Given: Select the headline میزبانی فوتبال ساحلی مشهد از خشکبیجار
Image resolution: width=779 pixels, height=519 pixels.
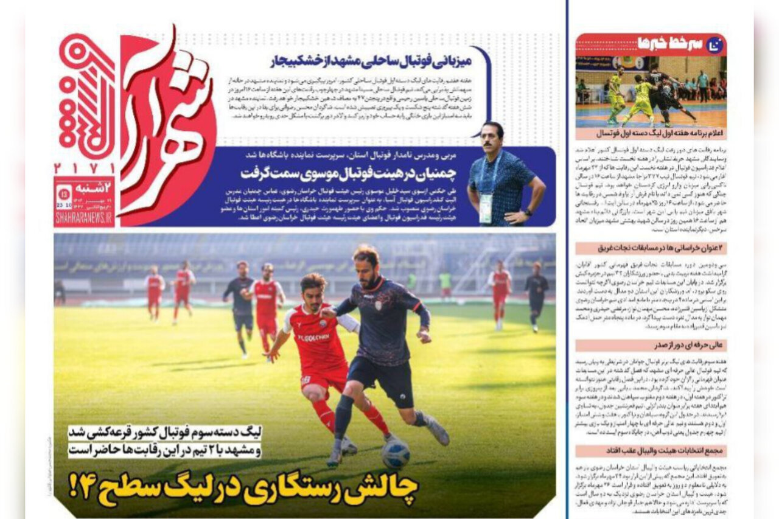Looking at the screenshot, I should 371,61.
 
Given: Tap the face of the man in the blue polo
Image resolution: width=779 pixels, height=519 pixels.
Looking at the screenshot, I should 492,139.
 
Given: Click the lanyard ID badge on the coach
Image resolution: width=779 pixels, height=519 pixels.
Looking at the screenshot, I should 485,209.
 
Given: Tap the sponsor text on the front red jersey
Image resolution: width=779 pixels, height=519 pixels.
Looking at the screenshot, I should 313,336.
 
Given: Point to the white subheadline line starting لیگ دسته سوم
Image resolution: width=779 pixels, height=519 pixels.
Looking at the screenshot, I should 165,433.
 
